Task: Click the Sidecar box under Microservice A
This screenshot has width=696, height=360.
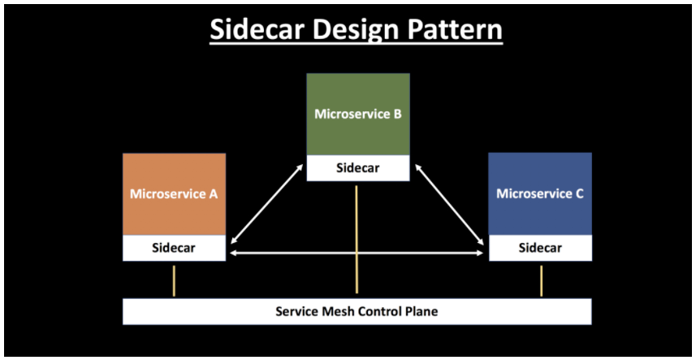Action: click(174, 248)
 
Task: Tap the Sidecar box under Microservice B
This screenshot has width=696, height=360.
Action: click(358, 168)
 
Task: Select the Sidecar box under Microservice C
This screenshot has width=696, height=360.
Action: click(540, 248)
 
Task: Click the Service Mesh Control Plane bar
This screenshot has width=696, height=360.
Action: click(357, 311)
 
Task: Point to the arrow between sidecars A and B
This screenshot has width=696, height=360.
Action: click(267, 203)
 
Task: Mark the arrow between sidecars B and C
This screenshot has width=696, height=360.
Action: click(450, 203)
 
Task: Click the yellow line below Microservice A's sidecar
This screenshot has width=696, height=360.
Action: click(174, 280)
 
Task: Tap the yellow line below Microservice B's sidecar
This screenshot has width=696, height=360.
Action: click(357, 240)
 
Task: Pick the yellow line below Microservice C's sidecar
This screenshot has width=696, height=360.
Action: click(541, 280)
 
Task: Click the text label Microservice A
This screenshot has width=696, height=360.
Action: click(174, 194)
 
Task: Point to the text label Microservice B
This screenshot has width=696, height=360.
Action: click(358, 115)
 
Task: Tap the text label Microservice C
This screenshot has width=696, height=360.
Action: click(540, 193)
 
